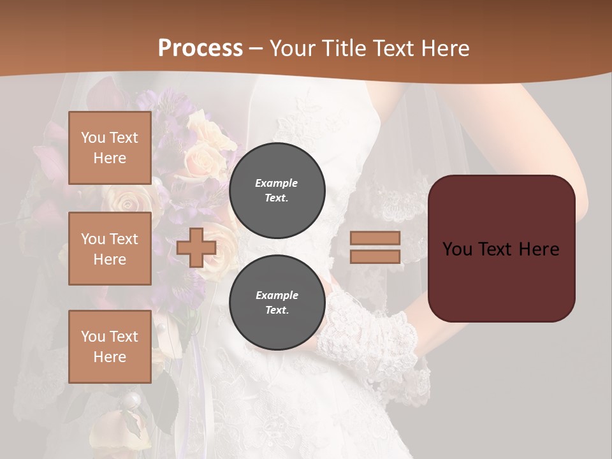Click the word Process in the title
pos(200,48)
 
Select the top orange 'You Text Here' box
pos(110,148)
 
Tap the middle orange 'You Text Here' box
pos(110,249)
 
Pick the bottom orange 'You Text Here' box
pos(110,347)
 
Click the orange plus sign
pos(196,248)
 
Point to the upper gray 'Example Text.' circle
pos(277,191)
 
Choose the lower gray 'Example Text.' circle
pos(277,303)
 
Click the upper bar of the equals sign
pos(375,238)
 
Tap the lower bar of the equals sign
pos(375,256)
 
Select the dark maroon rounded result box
pos(501,280)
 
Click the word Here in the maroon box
pos(539,249)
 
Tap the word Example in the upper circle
pos(277,183)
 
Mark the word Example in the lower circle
pos(277,295)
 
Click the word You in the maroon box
pos(457,249)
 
